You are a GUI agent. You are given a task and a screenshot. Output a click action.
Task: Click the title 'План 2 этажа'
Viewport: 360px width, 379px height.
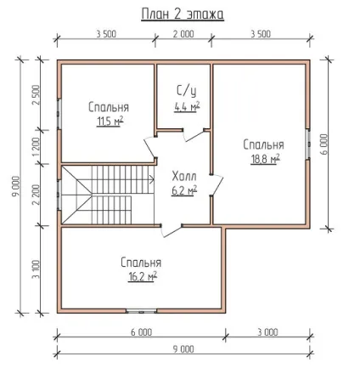click(x=183, y=14)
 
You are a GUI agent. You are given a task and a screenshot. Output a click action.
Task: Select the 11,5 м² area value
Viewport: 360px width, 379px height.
click(x=110, y=122)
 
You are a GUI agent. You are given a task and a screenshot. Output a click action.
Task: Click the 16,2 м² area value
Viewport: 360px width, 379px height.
click(x=143, y=276)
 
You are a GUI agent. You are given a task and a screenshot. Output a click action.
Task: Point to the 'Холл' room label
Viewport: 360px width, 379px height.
click(x=184, y=177)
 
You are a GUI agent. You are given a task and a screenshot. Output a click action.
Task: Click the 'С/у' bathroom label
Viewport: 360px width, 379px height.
click(x=186, y=91)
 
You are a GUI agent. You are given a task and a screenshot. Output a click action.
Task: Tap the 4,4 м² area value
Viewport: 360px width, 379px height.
click(x=187, y=107)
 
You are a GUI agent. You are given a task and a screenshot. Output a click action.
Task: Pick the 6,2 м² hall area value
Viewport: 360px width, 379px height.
click(x=184, y=190)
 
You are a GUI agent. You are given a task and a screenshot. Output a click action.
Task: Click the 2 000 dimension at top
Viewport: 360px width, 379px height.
click(x=183, y=34)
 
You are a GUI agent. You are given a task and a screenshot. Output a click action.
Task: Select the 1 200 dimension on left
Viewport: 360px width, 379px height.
click(x=36, y=147)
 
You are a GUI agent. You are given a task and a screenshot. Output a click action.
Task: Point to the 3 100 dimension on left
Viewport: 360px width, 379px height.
click(x=36, y=269)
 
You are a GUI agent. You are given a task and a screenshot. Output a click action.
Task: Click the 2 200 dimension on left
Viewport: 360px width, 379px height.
click(x=36, y=195)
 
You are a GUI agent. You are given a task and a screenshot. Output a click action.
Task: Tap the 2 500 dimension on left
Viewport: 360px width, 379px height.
click(x=36, y=95)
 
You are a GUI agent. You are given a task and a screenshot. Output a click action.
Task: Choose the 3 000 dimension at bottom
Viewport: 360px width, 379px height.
click(x=267, y=332)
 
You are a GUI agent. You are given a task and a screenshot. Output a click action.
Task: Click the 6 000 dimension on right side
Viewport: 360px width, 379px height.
click(x=324, y=144)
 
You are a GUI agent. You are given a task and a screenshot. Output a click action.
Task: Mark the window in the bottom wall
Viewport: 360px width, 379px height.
click(x=141, y=311)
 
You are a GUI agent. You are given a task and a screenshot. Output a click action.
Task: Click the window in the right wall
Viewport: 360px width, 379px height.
click(x=308, y=144)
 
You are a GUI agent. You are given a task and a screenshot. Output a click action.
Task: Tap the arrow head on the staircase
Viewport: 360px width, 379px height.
click(x=152, y=179)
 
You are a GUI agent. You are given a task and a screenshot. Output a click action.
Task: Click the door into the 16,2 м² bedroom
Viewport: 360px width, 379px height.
click(x=172, y=231)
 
